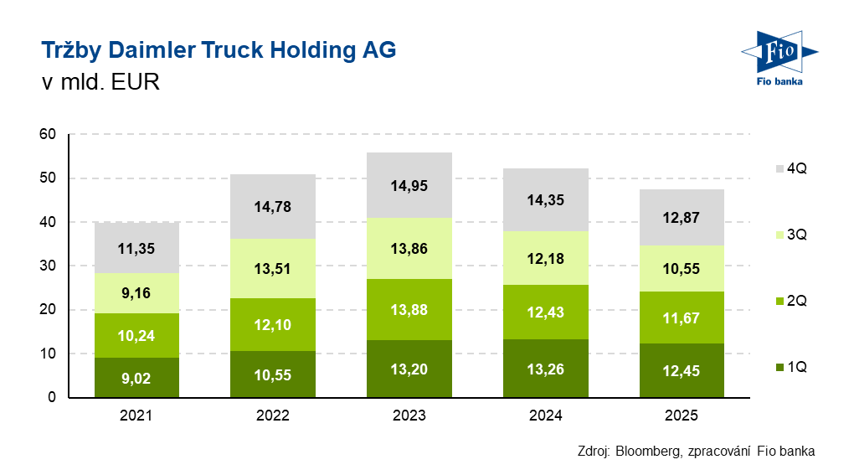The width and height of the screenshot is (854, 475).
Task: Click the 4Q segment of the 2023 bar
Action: (410, 185)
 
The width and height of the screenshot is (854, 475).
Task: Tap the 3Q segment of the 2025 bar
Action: (682, 269)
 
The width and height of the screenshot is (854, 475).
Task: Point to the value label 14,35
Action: (546, 201)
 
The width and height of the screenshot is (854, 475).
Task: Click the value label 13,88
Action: (410, 310)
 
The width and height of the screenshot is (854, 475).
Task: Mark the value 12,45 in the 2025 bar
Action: (682, 370)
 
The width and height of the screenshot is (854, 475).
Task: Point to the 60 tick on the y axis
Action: (48, 134)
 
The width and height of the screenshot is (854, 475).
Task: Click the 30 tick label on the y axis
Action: (48, 266)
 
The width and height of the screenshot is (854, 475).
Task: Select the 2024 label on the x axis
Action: (546, 416)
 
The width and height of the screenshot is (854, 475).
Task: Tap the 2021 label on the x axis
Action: (136, 416)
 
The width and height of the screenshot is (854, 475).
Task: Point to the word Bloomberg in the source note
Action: (647, 451)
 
